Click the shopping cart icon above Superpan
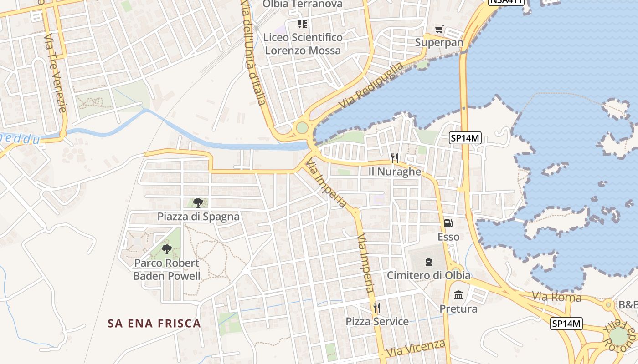pyautogui.click(x=439, y=30)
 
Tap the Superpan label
pyautogui.click(x=439, y=42)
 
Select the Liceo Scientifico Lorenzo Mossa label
pyautogui.click(x=303, y=44)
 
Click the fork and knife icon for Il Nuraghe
pyautogui.click(x=395, y=158)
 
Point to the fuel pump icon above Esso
pyautogui.click(x=448, y=223)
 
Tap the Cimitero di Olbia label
pyautogui.click(x=428, y=275)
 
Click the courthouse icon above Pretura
pyautogui.click(x=458, y=295)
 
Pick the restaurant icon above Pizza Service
pyautogui.click(x=377, y=308)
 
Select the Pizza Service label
pyautogui.click(x=377, y=321)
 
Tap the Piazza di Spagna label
pyautogui.click(x=198, y=216)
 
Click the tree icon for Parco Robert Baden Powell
pyautogui.click(x=167, y=249)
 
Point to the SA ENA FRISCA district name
pyautogui.click(x=154, y=324)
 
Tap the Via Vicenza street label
pyautogui.click(x=415, y=349)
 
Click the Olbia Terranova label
pyautogui.click(x=302, y=5)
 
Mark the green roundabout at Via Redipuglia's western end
pyautogui.click(x=302, y=127)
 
